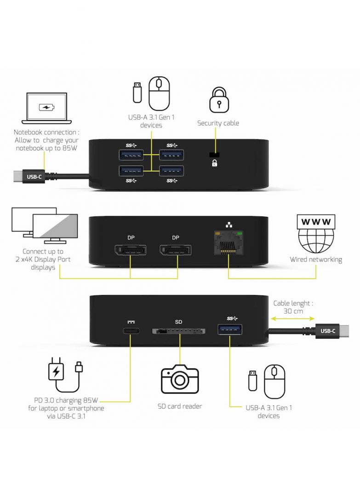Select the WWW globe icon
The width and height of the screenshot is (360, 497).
click(x=315, y=233)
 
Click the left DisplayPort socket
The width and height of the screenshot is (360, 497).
click(x=131, y=252)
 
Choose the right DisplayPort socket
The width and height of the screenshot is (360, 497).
click(x=175, y=252)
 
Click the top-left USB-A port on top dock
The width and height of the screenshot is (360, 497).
click(x=131, y=155)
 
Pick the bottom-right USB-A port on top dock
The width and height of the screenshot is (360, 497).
click(x=171, y=170)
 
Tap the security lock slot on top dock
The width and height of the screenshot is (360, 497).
click(x=214, y=155)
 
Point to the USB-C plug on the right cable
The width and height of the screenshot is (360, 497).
click(x=330, y=330)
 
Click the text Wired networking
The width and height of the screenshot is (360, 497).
click(x=315, y=260)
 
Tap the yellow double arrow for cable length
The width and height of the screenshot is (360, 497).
click(x=292, y=318)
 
